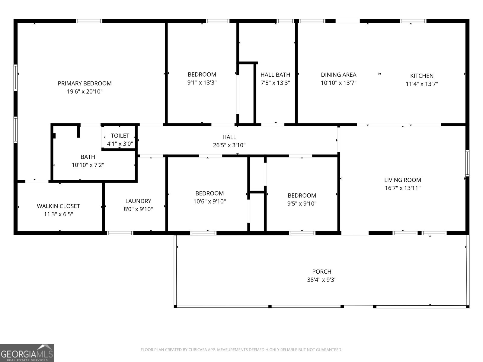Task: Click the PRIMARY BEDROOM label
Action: pos(85,83)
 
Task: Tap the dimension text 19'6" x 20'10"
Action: pos(85,91)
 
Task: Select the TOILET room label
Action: pos(120,136)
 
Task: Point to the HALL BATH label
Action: pos(275,75)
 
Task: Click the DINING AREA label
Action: pos(338,75)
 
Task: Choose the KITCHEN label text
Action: pos(422,76)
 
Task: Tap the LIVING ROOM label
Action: pos(402,180)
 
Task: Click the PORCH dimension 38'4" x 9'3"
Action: pos(322,280)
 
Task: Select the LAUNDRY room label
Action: pos(138,201)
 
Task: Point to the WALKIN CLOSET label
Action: pos(58,206)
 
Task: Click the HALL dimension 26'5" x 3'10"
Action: pos(229,145)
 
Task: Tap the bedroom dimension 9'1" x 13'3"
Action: pos(202,82)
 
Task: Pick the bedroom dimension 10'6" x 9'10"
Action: pos(210,201)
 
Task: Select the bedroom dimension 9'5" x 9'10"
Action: pos(302,203)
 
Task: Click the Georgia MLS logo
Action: pos(27,353)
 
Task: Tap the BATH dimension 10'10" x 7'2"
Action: pos(88,165)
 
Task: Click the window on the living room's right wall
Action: pos(467,163)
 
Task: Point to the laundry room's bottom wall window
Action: pos(120,233)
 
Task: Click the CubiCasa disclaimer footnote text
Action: pos(241,350)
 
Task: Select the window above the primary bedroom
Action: pos(89,21)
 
